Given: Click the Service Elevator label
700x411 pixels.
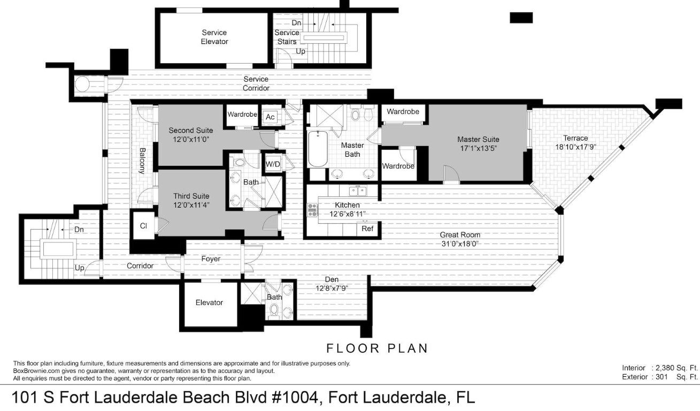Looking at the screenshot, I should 214,37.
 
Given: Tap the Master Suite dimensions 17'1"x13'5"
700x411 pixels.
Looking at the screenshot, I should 478,148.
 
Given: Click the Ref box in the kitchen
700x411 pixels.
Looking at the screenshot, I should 367,228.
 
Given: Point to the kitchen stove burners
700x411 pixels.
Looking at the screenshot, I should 312,210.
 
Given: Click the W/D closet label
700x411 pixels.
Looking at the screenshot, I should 273,164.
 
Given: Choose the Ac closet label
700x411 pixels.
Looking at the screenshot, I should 270,117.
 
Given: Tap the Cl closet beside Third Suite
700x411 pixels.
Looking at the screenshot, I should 143,226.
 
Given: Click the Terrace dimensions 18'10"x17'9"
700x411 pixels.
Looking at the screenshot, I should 575,147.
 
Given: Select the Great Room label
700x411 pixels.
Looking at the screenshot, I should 460,234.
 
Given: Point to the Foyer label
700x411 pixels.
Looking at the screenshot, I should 211,259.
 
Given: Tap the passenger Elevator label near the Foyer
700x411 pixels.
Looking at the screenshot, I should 209,302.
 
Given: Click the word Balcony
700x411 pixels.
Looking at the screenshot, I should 142,161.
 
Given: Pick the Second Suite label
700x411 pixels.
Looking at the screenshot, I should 190,130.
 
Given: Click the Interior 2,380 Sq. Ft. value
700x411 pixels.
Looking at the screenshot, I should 675,368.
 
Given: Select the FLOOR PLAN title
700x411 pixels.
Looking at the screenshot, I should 377,348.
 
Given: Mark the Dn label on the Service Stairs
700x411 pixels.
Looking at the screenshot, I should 296,23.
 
